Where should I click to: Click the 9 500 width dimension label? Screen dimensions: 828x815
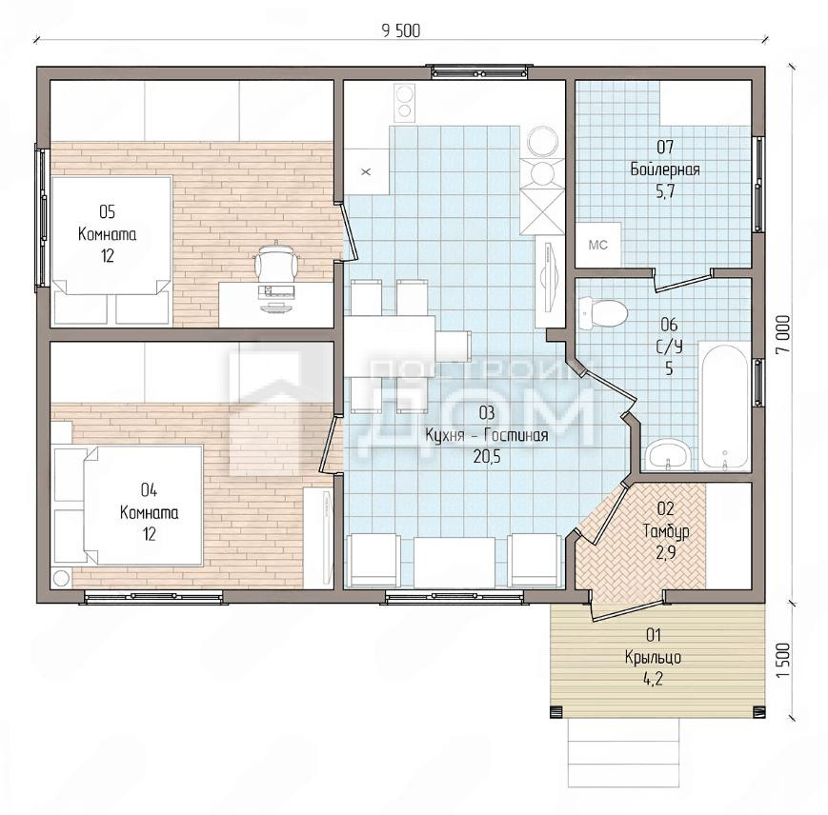coord(401,31)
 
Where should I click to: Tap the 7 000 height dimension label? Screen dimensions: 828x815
coord(784,335)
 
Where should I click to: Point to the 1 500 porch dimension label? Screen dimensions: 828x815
coord(784,661)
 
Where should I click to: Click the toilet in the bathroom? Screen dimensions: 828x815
coord(602,312)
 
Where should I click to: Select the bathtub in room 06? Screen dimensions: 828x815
coord(724,407)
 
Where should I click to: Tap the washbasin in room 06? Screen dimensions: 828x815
coord(668,455)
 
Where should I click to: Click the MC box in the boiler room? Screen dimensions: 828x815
coord(597,245)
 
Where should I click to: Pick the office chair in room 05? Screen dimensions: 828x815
coord(275,261)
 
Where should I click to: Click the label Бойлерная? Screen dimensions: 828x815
coord(665,169)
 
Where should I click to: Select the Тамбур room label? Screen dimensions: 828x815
coord(665,530)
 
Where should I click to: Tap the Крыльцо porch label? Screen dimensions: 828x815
coord(654,657)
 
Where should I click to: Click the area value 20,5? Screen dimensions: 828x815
coord(486,457)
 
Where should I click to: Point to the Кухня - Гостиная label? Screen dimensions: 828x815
coord(486,435)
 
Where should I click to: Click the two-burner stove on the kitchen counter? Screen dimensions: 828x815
coord(405,101)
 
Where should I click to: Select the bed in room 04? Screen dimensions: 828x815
coord(143,506)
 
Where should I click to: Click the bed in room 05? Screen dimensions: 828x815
coord(111,235)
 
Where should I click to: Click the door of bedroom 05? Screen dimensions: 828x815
coord(347,231)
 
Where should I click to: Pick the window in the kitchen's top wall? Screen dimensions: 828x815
coord(479,72)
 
